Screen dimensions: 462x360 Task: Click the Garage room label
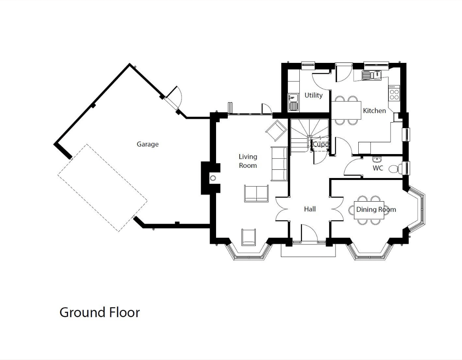click(x=148, y=144)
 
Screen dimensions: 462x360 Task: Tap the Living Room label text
click(x=248, y=161)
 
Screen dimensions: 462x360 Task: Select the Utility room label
click(x=313, y=95)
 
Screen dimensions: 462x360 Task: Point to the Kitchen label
click(x=374, y=110)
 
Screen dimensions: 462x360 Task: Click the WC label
click(x=378, y=168)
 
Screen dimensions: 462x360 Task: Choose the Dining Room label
click(x=376, y=209)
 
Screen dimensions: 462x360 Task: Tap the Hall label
click(x=310, y=209)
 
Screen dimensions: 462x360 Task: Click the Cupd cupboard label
click(x=320, y=145)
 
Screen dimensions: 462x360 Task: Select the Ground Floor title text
click(x=100, y=312)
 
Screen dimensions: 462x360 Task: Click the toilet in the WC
click(x=394, y=169)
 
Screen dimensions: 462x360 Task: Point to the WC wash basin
click(x=376, y=159)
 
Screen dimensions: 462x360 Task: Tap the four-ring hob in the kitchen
click(x=394, y=94)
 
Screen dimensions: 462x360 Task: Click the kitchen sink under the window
click(x=372, y=75)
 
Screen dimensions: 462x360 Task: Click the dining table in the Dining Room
click(x=369, y=210)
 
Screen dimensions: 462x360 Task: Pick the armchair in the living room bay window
click(x=249, y=237)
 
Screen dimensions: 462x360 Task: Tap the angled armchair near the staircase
click(x=276, y=130)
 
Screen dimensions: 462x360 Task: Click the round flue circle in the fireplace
click(x=213, y=178)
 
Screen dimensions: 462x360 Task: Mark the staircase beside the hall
click(x=309, y=135)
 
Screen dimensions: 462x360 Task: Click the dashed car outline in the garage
click(x=102, y=188)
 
